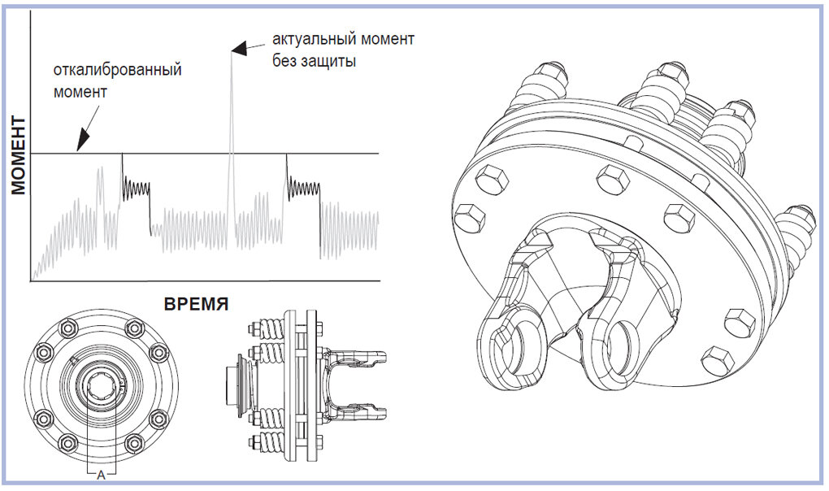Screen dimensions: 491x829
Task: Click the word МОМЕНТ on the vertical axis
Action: [x=20, y=155]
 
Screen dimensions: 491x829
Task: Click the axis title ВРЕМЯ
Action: [x=196, y=305]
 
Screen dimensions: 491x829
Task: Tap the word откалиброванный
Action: [x=118, y=69]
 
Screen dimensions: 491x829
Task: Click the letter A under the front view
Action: [x=102, y=476]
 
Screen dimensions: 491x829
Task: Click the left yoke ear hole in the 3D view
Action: [x=510, y=351]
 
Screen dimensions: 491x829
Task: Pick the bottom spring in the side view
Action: [x=270, y=442]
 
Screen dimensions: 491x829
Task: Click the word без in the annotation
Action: [x=285, y=61]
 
